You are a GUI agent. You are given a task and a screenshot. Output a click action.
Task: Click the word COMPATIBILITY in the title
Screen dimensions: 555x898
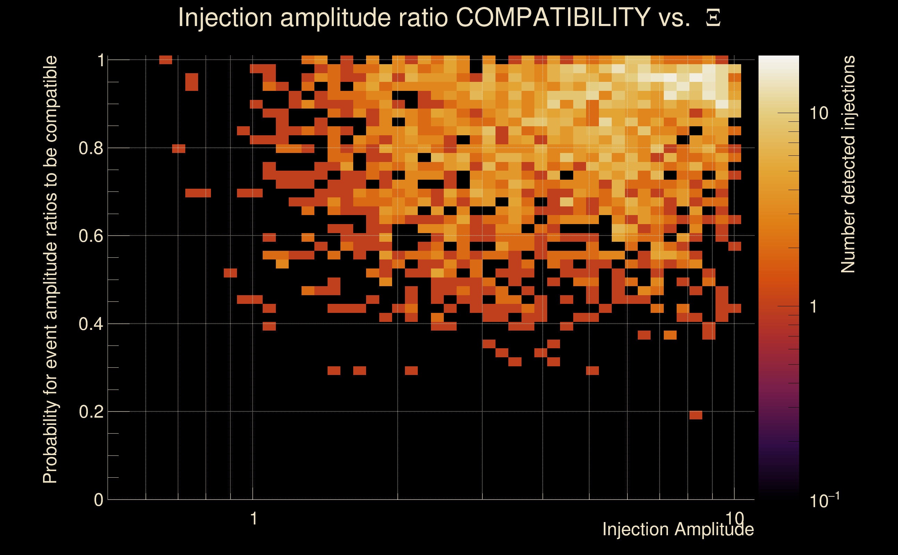pyautogui.click(x=553, y=17)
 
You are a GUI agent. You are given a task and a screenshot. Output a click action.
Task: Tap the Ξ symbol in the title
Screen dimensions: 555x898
pyautogui.click(x=713, y=18)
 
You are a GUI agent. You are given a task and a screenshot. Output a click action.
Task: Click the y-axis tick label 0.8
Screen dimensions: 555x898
pyautogui.click(x=91, y=148)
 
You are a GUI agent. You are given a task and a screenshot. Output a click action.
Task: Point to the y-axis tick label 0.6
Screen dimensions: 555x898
pyautogui.click(x=91, y=236)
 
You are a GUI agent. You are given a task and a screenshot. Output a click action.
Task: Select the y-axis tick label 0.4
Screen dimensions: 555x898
pyautogui.click(x=91, y=324)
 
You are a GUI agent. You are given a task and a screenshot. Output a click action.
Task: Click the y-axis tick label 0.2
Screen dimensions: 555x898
pyautogui.click(x=91, y=412)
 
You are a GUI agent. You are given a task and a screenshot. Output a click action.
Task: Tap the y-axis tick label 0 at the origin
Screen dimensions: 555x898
pyautogui.click(x=99, y=500)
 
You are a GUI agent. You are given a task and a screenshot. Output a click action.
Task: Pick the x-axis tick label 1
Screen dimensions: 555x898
pyautogui.click(x=253, y=519)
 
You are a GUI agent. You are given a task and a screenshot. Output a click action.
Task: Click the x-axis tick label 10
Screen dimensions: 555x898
pyautogui.click(x=735, y=519)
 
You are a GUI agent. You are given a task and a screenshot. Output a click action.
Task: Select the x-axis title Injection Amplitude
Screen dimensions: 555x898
pyautogui.click(x=678, y=529)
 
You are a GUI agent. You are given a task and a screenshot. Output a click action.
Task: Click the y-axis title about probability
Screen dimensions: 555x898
pyautogui.click(x=50, y=270)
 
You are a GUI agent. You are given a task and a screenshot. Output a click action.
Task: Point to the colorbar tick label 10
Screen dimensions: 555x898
pyautogui.click(x=819, y=113)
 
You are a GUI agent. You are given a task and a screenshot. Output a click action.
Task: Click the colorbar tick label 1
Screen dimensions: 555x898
pyautogui.click(x=814, y=307)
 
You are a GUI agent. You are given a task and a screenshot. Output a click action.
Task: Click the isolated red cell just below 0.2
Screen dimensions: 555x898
pyautogui.click(x=696, y=415)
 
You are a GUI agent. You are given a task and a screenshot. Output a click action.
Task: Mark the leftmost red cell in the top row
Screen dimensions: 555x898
pyautogui.click(x=166, y=60)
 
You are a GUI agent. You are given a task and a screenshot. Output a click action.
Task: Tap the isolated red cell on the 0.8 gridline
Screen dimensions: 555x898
pyautogui.click(x=179, y=148)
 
